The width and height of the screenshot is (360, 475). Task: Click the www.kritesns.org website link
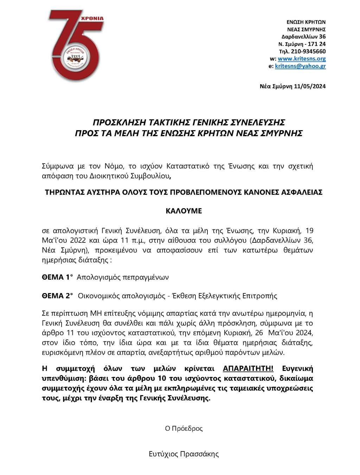click(x=302, y=59)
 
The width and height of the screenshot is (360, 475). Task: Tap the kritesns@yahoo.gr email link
click(x=300, y=66)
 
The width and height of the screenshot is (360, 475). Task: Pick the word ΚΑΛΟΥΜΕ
click(x=184, y=211)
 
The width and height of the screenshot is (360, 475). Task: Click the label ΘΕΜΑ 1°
click(x=57, y=277)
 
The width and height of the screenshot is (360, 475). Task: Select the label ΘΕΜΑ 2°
click(x=57, y=296)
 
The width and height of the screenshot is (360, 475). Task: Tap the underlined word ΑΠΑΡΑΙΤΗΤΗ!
click(x=248, y=369)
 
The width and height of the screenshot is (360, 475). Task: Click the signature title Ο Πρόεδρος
click(x=184, y=429)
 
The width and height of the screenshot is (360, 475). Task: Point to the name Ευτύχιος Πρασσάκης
click(x=184, y=454)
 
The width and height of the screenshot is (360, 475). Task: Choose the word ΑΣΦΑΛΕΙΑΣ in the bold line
click(x=300, y=192)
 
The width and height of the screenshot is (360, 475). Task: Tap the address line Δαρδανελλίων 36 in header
click(x=303, y=37)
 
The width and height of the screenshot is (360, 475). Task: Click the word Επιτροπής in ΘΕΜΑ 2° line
click(x=260, y=296)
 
